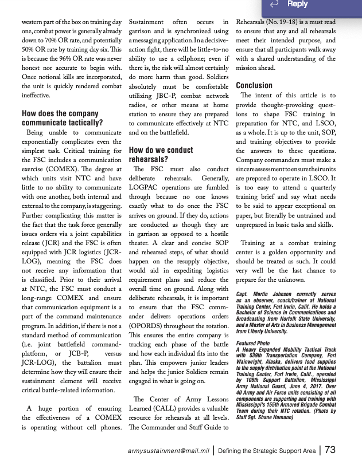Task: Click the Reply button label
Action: coord(297,5)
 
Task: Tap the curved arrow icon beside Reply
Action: coord(274,5)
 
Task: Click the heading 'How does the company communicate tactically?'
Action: coord(62,118)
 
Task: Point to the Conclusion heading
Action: coord(254,86)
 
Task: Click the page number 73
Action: coord(330,450)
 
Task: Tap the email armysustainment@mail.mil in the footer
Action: coord(168,451)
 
